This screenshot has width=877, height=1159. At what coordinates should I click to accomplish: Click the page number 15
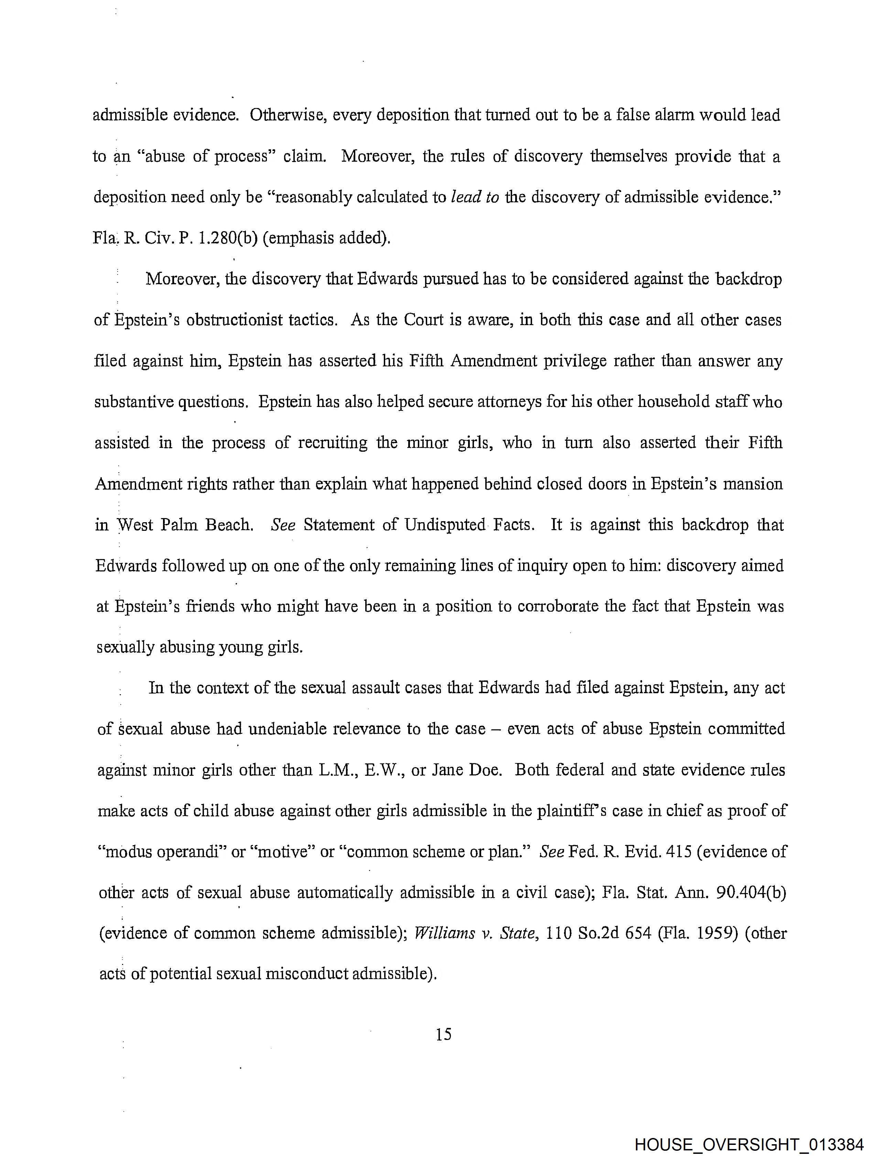coord(443,1034)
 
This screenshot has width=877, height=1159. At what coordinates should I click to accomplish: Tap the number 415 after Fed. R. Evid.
coord(679,851)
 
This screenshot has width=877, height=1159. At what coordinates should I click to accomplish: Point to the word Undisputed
coord(444,525)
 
